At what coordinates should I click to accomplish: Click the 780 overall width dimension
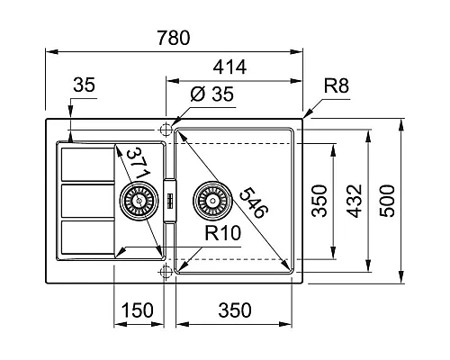pos(172,40)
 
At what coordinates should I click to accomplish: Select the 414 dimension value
pos(230,67)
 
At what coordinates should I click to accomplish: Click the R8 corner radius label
pos(337,86)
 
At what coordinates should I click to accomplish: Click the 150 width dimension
pos(136,311)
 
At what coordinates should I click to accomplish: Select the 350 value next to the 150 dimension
pos(233,311)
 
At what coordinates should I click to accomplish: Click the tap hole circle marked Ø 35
pos(165,130)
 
